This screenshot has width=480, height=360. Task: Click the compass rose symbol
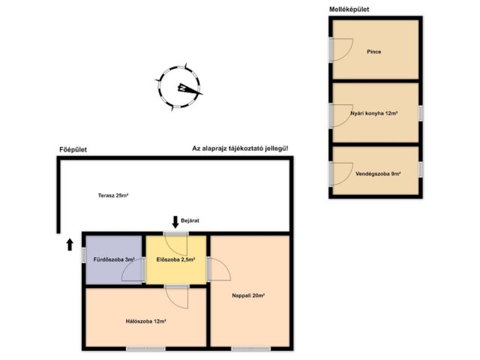click(180, 88)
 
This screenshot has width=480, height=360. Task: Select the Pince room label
click(373, 52)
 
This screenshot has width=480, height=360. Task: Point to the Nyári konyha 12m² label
click(373, 113)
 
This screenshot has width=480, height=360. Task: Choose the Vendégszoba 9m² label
click(378, 174)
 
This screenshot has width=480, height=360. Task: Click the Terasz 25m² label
click(113, 196)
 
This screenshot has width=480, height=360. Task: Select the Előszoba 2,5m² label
click(175, 260)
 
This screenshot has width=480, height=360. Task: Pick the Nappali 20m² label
click(248, 295)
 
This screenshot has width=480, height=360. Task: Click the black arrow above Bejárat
click(175, 221)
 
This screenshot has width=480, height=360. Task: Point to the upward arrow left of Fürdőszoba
click(70, 243)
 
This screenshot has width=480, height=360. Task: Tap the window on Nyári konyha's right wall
click(421, 113)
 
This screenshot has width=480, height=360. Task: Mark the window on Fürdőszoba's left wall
click(83, 254)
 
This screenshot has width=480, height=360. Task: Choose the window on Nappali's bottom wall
click(250, 348)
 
